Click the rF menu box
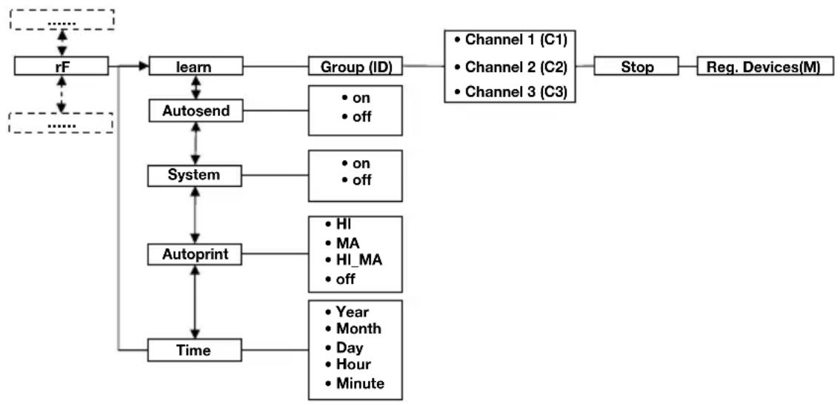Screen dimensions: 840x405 point(61,67)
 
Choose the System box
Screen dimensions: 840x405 point(195,176)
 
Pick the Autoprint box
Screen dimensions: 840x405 point(195,255)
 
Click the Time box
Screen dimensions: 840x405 point(195,351)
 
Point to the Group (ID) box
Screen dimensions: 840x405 point(356,67)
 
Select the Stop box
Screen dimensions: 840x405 point(637,67)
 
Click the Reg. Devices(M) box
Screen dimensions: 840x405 point(766,67)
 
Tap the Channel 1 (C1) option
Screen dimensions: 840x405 point(510,40)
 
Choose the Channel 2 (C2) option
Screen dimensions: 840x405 point(510,67)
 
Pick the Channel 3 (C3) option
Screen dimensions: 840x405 point(510,92)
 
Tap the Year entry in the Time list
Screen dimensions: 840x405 point(347,311)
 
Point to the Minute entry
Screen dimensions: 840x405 point(355,383)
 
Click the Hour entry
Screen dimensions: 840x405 point(347,365)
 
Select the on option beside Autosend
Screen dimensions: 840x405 point(356,99)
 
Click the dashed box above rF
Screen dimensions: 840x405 point(61,20)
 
